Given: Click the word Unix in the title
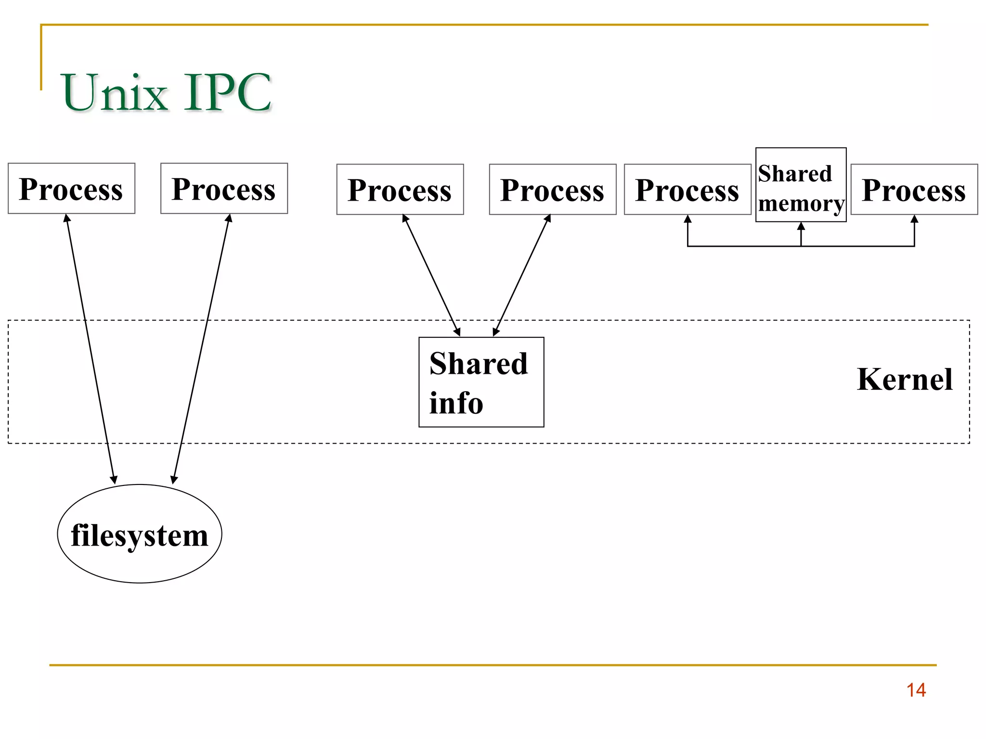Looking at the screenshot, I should click(x=115, y=92).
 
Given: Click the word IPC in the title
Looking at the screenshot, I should click(x=227, y=92).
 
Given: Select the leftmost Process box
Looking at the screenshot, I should click(x=71, y=189).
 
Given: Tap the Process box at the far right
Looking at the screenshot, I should click(x=914, y=190).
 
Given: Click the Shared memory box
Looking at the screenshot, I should click(x=801, y=185).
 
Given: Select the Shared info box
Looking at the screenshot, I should click(x=481, y=382).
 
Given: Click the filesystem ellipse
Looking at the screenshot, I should click(x=140, y=534).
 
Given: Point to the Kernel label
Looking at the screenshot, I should click(x=904, y=379).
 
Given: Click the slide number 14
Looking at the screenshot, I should click(x=916, y=690).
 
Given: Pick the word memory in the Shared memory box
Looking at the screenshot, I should click(x=801, y=204).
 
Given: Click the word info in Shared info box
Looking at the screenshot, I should click(x=456, y=403).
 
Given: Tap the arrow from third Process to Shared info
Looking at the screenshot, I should click(x=431, y=275).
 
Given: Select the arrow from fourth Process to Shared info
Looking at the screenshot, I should click(x=522, y=275).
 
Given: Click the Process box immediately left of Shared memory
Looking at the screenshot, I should click(x=687, y=190).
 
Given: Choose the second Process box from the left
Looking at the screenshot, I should click(x=224, y=189).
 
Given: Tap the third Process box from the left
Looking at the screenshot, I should click(x=400, y=190).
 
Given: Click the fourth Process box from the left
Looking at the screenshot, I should click(x=552, y=190).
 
